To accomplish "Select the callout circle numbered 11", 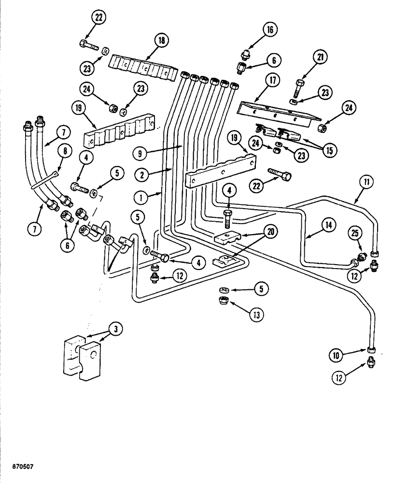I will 366,183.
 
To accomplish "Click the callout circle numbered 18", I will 160,41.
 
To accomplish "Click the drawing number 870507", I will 17,468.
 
